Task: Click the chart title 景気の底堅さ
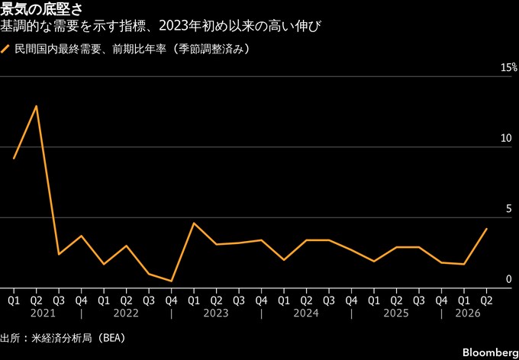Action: tap(41, 10)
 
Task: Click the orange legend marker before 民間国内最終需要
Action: tap(5, 50)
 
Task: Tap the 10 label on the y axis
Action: tap(506, 138)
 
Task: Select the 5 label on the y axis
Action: tap(508, 209)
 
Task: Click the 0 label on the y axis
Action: tap(508, 280)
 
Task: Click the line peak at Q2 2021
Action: tap(36, 106)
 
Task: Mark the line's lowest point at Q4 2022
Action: tap(171, 281)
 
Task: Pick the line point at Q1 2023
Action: tap(194, 223)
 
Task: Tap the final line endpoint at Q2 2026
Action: tap(486, 229)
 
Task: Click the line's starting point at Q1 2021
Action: tap(14, 159)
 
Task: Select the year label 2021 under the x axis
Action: tap(43, 313)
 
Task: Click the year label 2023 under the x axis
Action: tap(216, 313)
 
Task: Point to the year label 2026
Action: tap(468, 313)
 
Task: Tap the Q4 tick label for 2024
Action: tap(351, 301)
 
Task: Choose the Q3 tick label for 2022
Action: tap(149, 301)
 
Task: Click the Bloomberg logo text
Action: tap(491, 352)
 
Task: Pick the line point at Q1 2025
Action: tap(374, 261)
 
